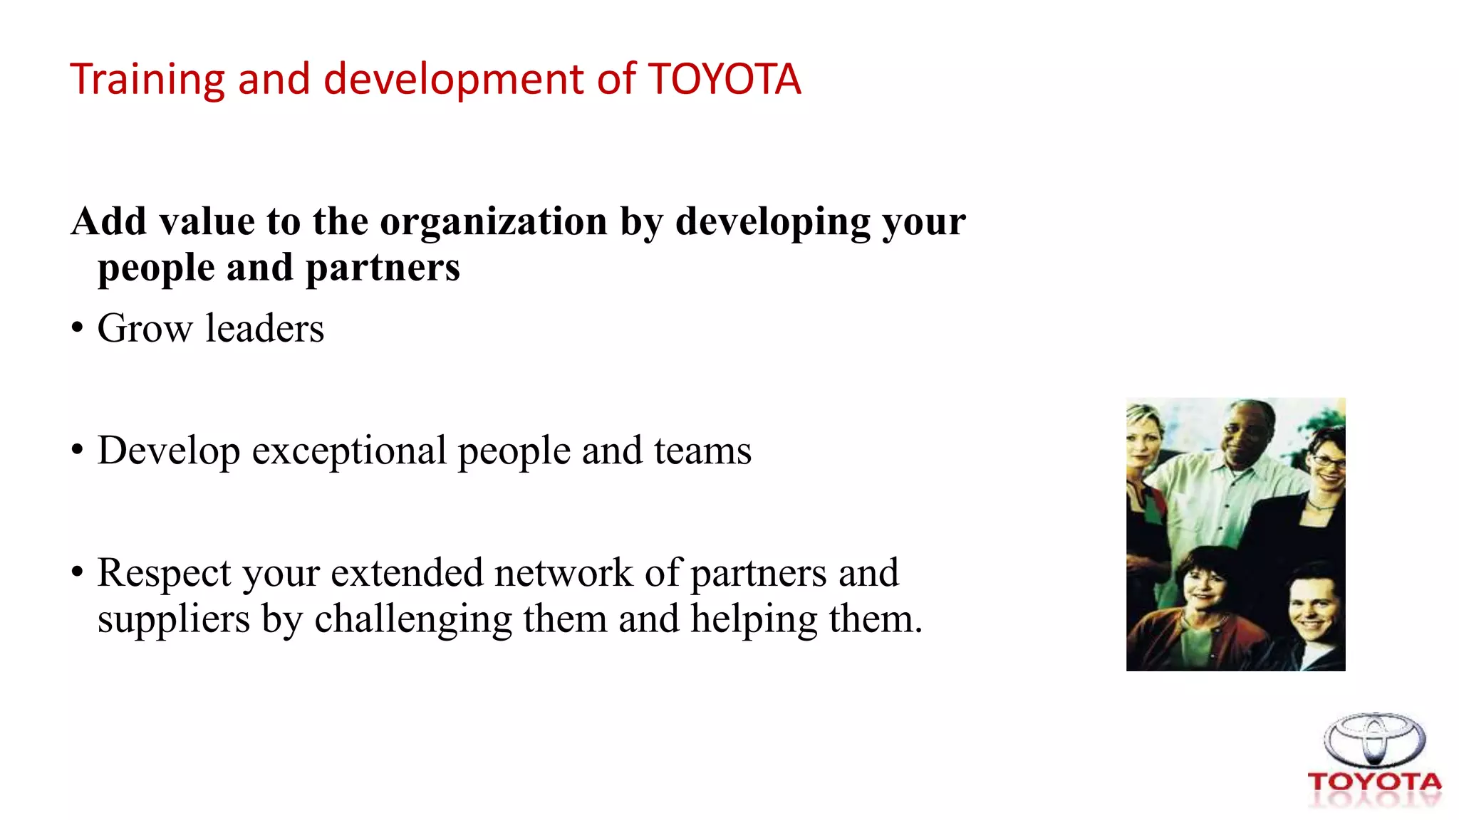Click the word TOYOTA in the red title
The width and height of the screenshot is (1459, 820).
pos(725,79)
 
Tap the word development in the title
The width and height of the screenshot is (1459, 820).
pos(454,79)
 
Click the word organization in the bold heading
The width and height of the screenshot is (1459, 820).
pos(494,222)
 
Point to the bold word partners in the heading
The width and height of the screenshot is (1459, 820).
pos(383,268)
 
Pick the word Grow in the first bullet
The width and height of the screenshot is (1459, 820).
pos(145,329)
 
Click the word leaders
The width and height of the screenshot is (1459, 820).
pos(264,329)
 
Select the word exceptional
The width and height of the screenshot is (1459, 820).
pos(349,451)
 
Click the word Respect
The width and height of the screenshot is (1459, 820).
pos(165,573)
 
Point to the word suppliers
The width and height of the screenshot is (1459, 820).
pos(174,619)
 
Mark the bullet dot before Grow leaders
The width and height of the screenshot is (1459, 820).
pos(77,329)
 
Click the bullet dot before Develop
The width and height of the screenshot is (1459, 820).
pos(77,451)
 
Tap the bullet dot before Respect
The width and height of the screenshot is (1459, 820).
pos(77,573)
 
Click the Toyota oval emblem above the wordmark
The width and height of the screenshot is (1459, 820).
pos(1374,740)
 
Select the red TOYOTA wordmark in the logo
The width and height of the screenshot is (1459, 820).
pos(1374,782)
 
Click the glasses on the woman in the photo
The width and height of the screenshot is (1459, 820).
pos(1328,462)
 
